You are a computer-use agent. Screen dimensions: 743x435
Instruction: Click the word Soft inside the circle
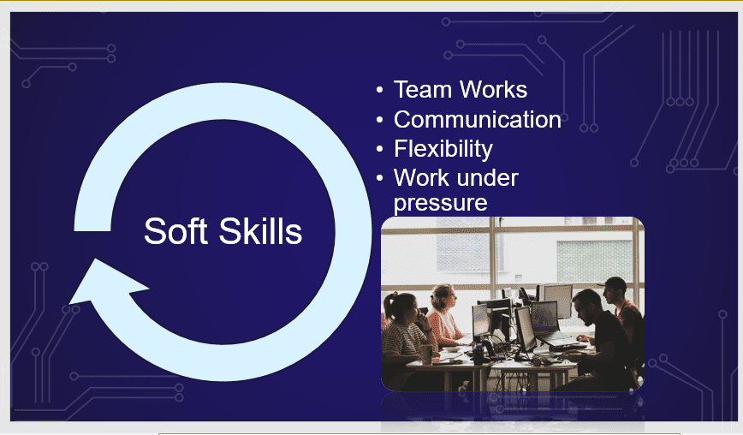(x=175, y=231)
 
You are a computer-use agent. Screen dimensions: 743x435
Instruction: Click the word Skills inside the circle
(x=260, y=231)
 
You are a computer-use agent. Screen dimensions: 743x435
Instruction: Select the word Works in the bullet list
(x=494, y=90)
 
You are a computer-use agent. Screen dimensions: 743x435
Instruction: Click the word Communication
(x=478, y=119)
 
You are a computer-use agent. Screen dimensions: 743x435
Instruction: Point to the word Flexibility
(x=443, y=149)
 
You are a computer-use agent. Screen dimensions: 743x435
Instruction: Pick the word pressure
(x=440, y=204)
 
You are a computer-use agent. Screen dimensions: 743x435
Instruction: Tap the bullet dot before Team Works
(x=379, y=90)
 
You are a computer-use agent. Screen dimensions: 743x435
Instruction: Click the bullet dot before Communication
(x=379, y=120)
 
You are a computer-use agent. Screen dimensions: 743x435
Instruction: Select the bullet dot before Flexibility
(x=379, y=149)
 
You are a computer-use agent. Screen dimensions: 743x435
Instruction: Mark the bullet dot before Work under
(x=379, y=179)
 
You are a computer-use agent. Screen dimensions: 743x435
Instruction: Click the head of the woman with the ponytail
(x=401, y=307)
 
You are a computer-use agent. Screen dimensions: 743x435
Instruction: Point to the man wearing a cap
(x=624, y=312)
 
